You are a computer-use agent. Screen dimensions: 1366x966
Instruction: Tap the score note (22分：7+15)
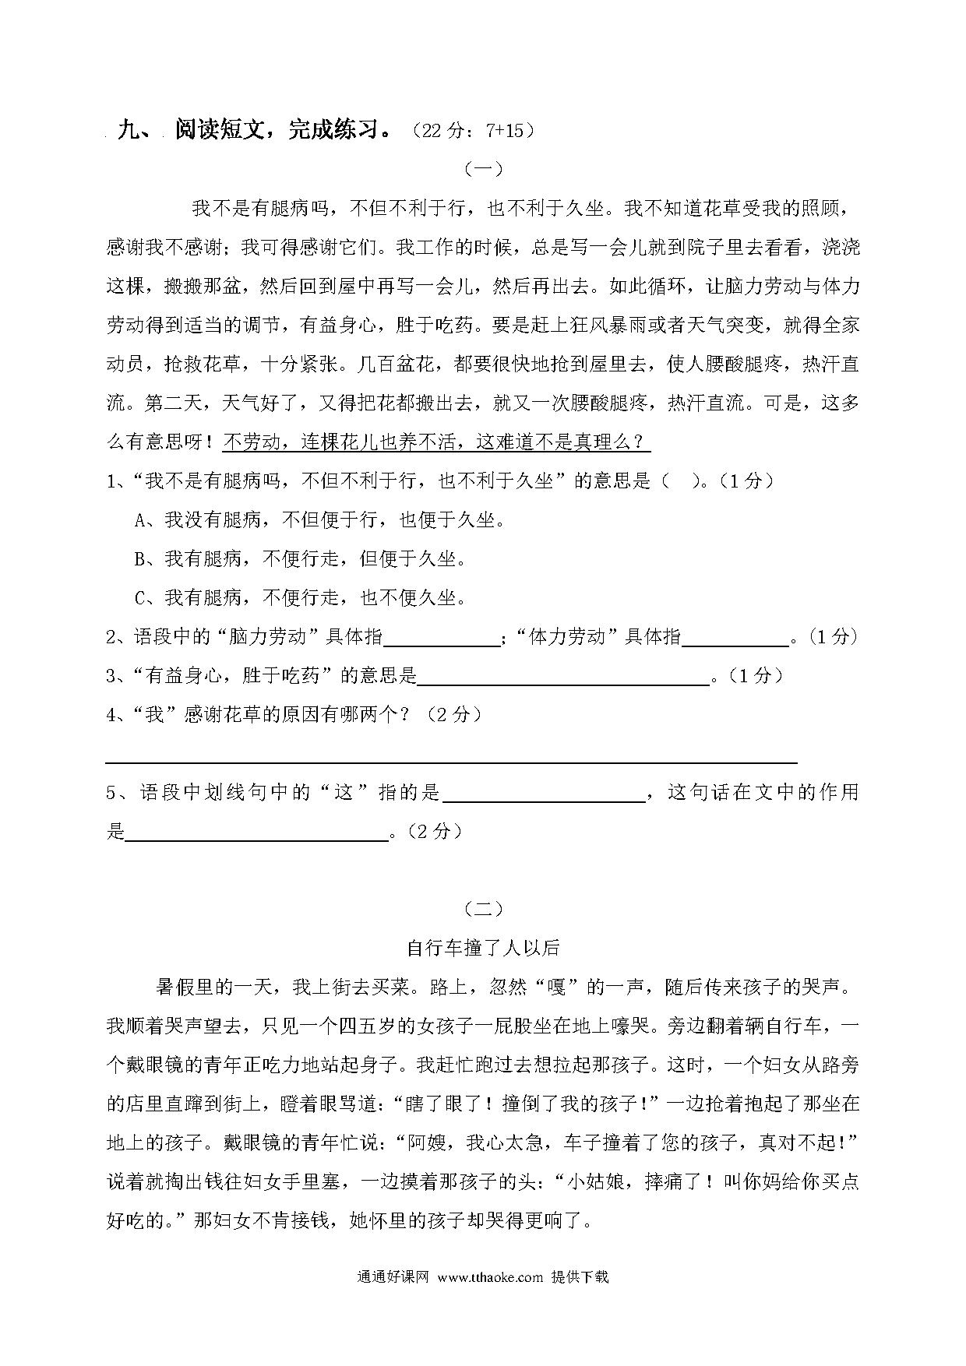(x=473, y=130)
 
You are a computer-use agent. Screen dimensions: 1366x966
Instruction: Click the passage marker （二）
(x=483, y=908)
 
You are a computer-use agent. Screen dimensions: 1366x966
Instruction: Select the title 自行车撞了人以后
(x=483, y=948)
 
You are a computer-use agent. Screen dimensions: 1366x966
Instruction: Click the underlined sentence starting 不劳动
(x=436, y=442)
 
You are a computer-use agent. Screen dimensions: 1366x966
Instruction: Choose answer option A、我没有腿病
(x=319, y=520)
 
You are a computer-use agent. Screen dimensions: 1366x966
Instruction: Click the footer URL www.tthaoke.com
(x=490, y=1277)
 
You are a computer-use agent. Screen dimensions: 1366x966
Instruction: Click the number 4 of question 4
(x=111, y=715)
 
